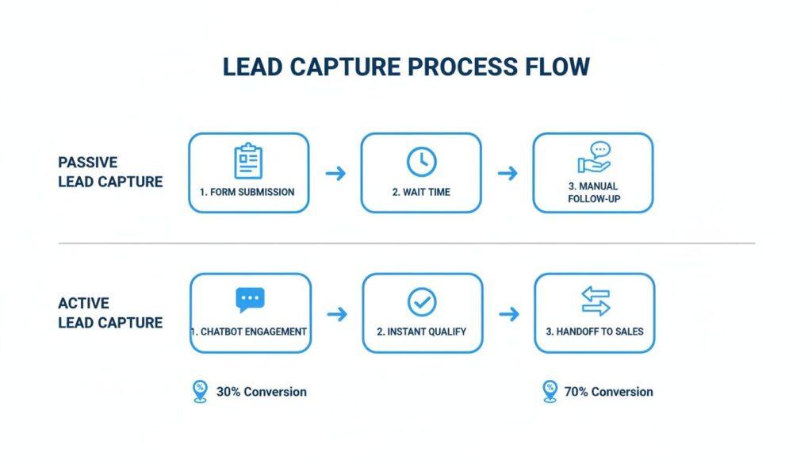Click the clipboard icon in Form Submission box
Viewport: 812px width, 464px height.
248,162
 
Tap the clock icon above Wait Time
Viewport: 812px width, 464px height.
421,161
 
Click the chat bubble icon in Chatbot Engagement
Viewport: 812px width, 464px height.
250,300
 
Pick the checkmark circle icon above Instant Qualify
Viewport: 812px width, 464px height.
422,301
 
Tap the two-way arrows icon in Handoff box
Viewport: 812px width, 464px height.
595,301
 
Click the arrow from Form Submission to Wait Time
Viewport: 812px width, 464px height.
335,173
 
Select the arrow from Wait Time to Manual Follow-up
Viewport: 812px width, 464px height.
507,173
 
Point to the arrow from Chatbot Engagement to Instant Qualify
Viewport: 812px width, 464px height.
337,313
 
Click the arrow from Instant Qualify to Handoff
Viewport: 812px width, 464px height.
508,313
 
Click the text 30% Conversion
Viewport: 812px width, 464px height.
261,392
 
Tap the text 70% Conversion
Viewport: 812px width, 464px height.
608,392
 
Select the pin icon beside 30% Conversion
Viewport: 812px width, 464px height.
200,391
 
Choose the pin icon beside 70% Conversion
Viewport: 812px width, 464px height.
549,391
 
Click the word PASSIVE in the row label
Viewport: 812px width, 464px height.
87,163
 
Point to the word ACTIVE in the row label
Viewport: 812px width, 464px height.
83,303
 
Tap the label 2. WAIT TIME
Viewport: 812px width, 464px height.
421,192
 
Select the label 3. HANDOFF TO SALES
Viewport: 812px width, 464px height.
595,332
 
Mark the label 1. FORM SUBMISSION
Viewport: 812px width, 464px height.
248,192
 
